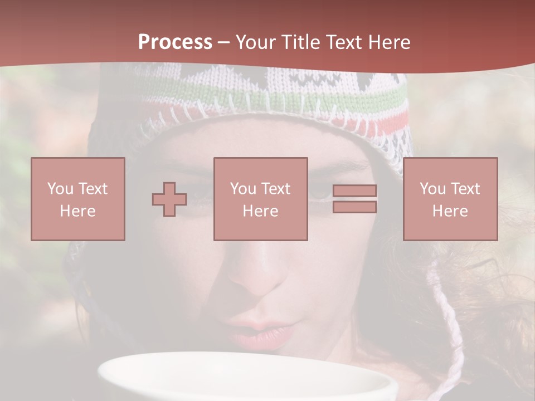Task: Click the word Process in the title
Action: [175, 42]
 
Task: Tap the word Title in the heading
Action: [301, 42]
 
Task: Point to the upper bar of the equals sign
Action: [354, 191]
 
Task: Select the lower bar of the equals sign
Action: [354, 207]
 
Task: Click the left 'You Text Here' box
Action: [78, 199]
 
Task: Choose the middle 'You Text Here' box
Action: [261, 199]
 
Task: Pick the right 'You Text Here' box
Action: [450, 199]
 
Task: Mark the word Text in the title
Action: [343, 42]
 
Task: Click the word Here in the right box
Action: [450, 211]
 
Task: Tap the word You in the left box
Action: [60, 188]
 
